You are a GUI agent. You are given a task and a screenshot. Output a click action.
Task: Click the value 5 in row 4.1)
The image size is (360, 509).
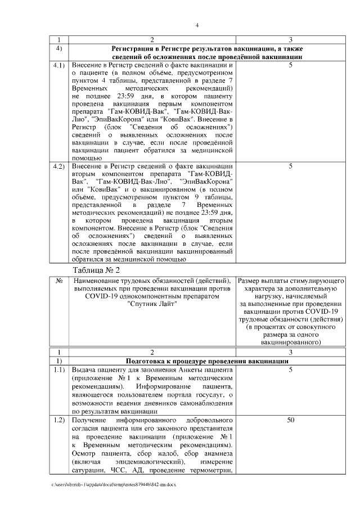[x=290, y=66]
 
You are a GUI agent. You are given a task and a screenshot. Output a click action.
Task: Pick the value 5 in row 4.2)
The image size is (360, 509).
[x=290, y=166]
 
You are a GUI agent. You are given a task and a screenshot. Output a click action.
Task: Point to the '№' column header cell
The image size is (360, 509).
[x=59, y=281]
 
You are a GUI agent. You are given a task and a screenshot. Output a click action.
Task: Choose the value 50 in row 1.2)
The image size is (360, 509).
[x=290, y=421]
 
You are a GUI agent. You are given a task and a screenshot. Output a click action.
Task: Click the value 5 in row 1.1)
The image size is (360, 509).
[x=290, y=371]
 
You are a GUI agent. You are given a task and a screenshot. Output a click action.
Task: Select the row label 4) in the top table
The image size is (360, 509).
[x=59, y=48]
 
